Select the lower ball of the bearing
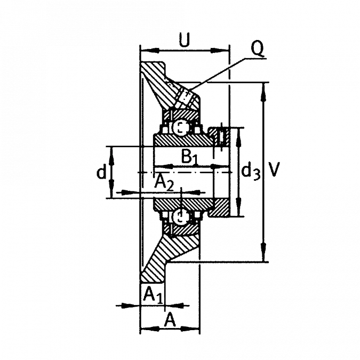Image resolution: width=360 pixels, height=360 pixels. tap(181, 216)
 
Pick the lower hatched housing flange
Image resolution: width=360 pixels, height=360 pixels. tap(165, 256)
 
